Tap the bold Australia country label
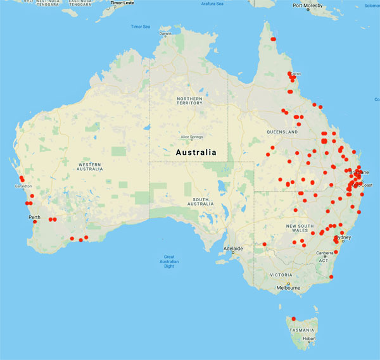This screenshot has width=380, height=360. (195, 152)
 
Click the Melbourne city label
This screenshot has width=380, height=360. (288, 288)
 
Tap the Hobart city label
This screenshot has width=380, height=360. (309, 338)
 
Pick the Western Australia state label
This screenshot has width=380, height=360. (90, 166)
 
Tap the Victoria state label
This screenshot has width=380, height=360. (281, 275)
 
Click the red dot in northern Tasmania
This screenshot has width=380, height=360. (293, 318)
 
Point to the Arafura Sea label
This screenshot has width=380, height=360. (212, 4)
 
